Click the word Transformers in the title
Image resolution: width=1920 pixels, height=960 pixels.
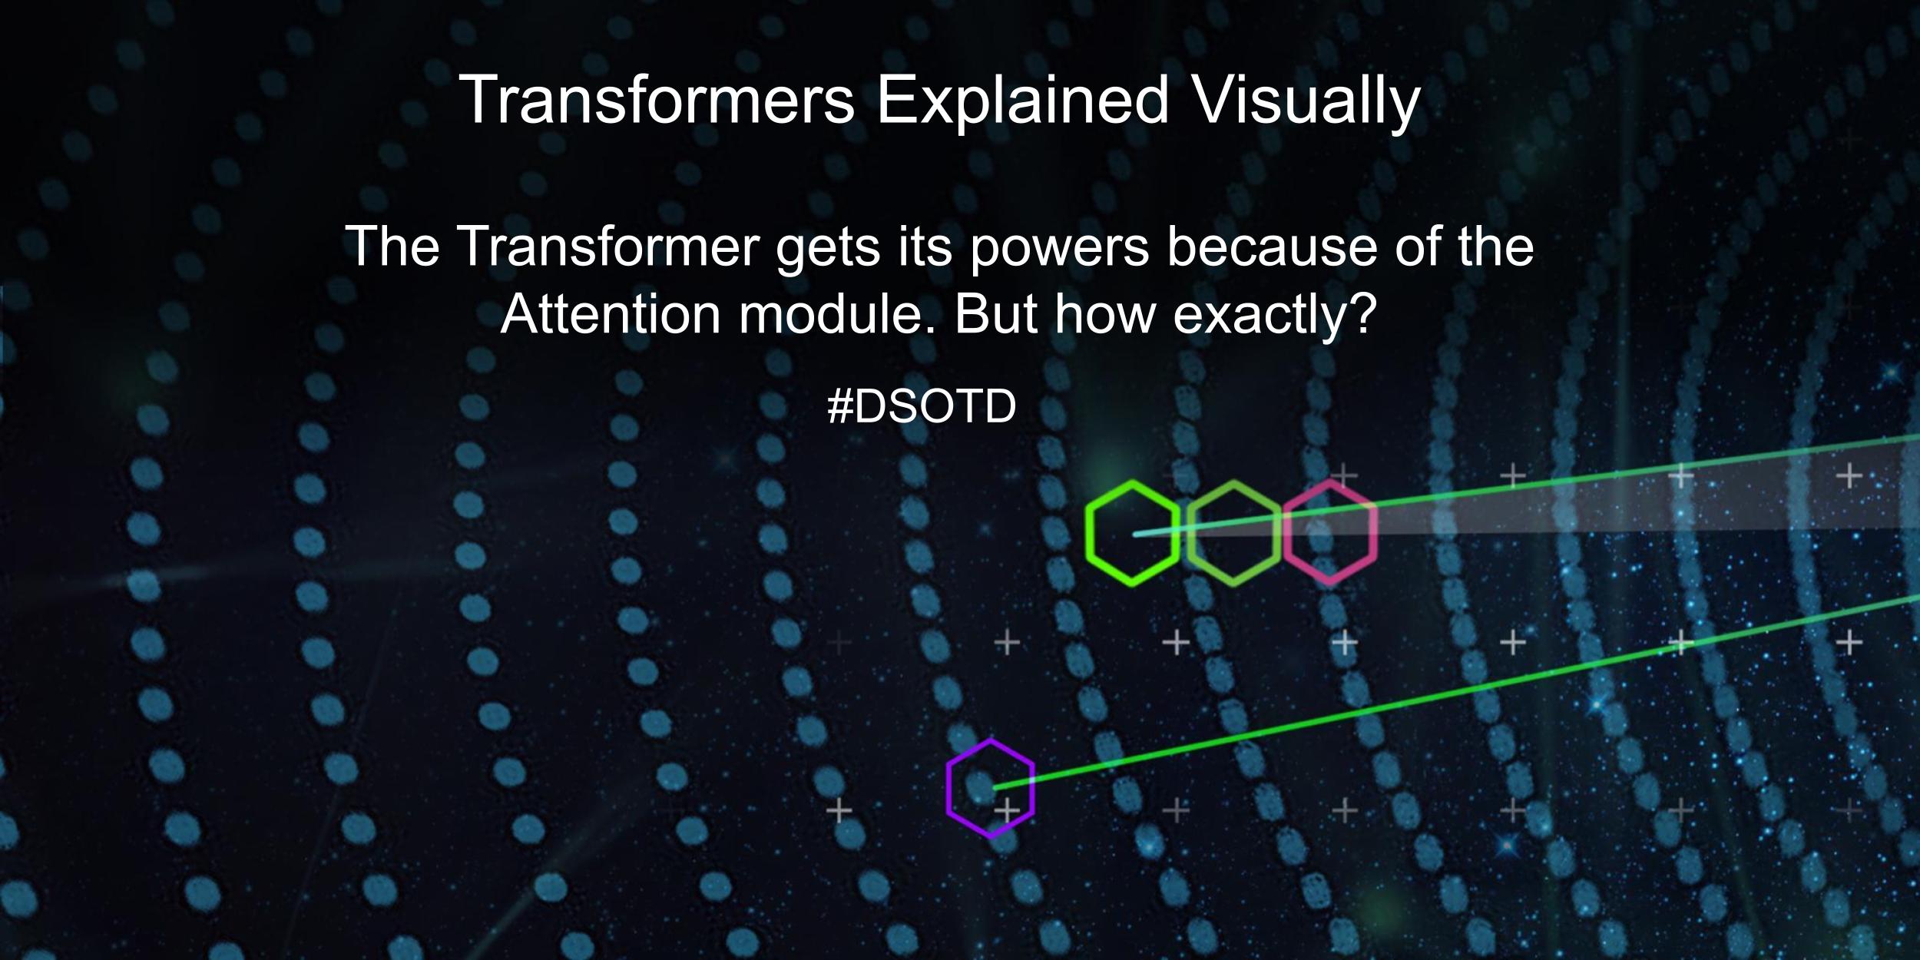tap(657, 100)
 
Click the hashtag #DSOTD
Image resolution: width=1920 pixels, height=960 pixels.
tap(922, 406)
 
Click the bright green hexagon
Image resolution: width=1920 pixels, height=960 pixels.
tap(1133, 533)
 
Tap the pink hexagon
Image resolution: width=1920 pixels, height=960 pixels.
tap(1329, 533)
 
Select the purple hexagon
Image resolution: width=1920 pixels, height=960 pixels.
tap(990, 788)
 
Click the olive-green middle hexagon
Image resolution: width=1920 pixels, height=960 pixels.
tap(1233, 533)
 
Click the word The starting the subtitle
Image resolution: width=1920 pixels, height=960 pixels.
tap(392, 247)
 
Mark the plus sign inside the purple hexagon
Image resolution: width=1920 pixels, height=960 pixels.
tap(1007, 809)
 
